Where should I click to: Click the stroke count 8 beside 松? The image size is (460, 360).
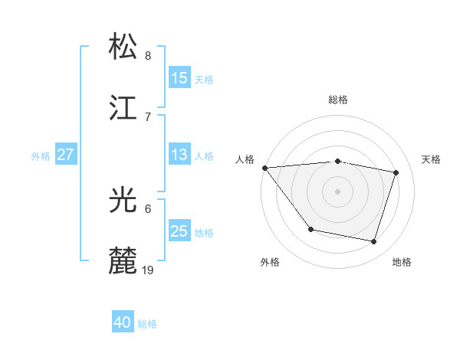click(148, 56)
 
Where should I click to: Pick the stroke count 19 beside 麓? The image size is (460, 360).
click(149, 270)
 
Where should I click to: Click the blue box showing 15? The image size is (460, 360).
click(179, 78)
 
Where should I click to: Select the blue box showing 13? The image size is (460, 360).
click(179, 155)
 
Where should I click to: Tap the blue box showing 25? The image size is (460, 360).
click(179, 231)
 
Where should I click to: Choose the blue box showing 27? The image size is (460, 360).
click(65, 155)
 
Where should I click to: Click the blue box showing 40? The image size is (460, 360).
click(123, 323)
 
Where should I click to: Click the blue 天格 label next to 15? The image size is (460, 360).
click(204, 79)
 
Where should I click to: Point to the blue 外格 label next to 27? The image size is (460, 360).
click(41, 155)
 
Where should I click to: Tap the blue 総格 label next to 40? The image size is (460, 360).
click(147, 324)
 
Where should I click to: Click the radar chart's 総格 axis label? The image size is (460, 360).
click(338, 100)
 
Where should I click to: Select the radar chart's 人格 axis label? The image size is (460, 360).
click(245, 159)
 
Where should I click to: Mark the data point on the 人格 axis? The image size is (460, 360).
click(264, 168)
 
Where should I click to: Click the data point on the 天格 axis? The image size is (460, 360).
click(396, 172)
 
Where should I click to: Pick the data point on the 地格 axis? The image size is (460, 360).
click(374, 242)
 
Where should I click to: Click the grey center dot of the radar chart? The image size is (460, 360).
click(338, 191)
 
